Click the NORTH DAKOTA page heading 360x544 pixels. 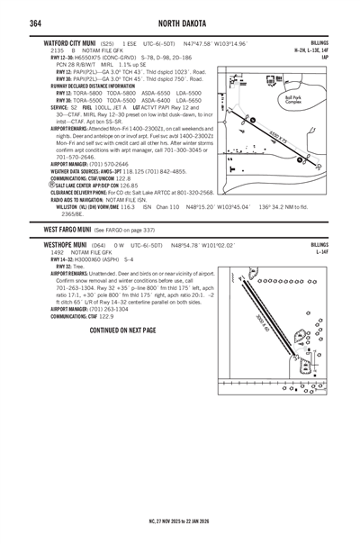click(x=180, y=22)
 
